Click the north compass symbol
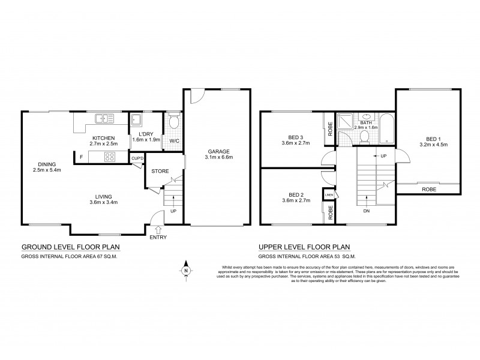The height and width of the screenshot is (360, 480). (187, 269)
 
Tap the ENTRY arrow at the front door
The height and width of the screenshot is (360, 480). (158, 229)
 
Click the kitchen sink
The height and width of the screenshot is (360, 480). (103, 118)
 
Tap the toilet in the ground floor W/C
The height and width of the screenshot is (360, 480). (173, 124)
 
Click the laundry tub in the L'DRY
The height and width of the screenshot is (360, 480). (137, 118)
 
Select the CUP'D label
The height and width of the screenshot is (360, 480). (137, 158)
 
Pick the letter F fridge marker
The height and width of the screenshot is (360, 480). (80, 157)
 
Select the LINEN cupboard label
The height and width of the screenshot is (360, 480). (328, 196)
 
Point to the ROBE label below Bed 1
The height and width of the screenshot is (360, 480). (428, 189)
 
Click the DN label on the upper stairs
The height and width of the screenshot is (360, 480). (367, 211)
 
